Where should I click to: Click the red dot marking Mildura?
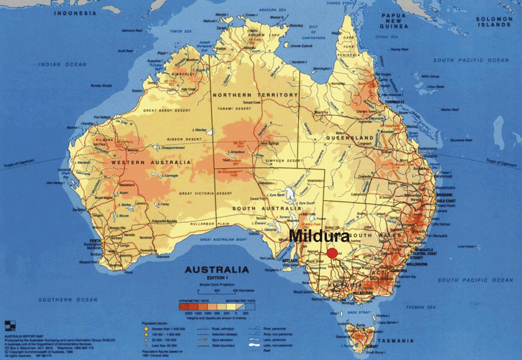(x=332, y=253)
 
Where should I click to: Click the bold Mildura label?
(x=319, y=236)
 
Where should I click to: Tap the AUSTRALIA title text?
(x=217, y=270)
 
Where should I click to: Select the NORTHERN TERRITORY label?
(x=255, y=95)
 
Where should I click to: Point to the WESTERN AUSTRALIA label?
(x=151, y=163)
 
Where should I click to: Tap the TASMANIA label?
(x=394, y=341)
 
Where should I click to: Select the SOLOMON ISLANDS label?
(x=494, y=22)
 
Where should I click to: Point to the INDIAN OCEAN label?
(x=63, y=65)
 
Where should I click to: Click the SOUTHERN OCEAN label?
(x=60, y=300)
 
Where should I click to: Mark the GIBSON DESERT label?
(x=160, y=138)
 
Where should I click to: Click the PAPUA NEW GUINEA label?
(x=394, y=21)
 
